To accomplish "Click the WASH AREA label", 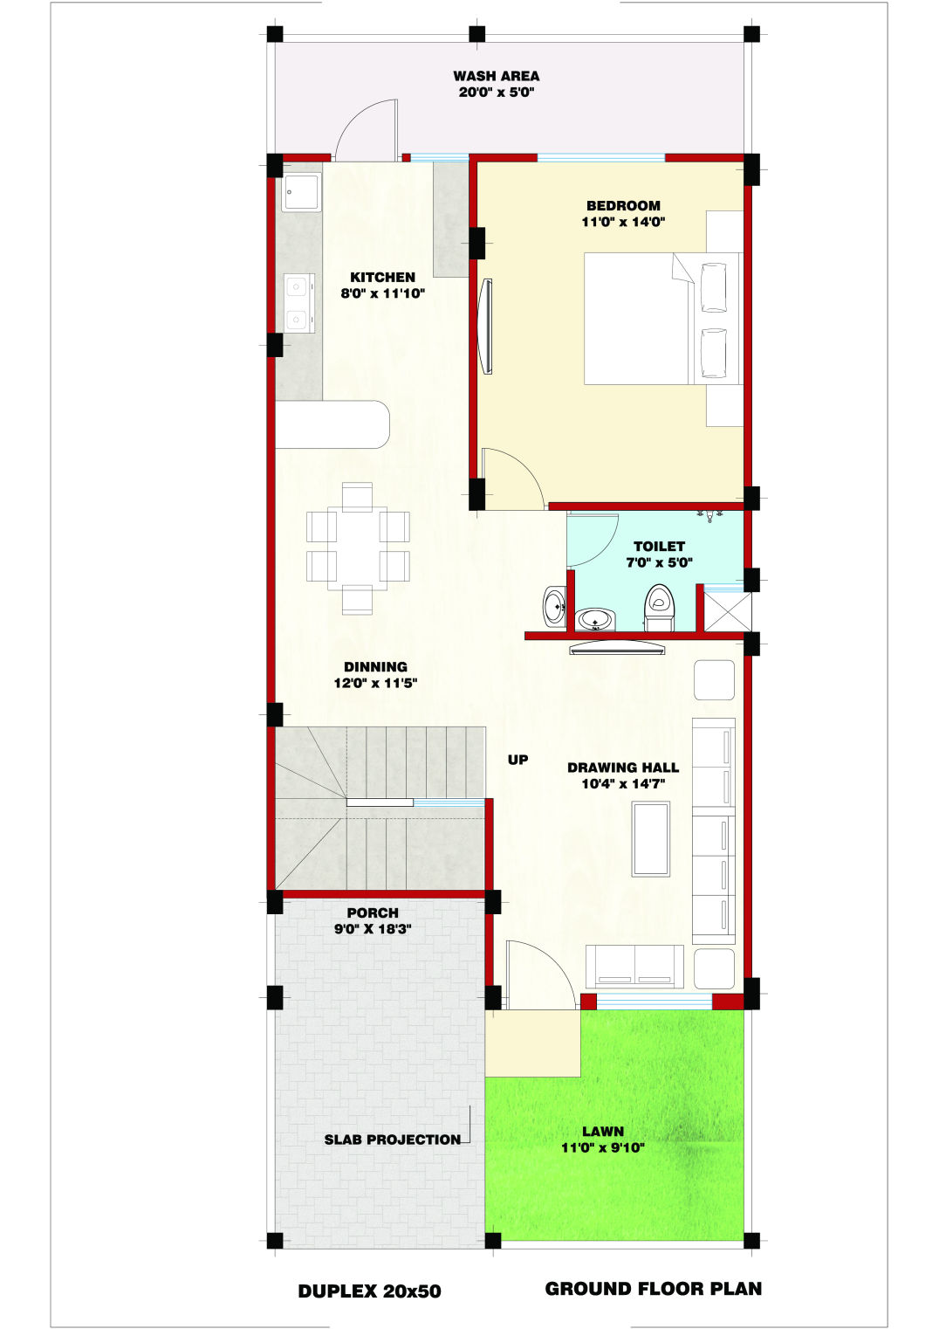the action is click(497, 76).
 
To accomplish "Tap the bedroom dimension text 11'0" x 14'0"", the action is click(623, 222).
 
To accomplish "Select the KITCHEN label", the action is click(382, 277).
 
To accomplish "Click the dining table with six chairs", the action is click(358, 548).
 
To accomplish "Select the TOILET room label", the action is click(659, 546).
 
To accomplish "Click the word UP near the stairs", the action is click(517, 760).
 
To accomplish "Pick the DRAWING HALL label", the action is click(623, 768).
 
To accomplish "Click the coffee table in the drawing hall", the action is click(651, 838).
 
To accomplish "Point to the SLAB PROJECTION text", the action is click(392, 1140).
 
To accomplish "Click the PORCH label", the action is click(373, 913).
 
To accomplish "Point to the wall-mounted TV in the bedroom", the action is click(487, 326).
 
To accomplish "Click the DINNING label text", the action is click(375, 667).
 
